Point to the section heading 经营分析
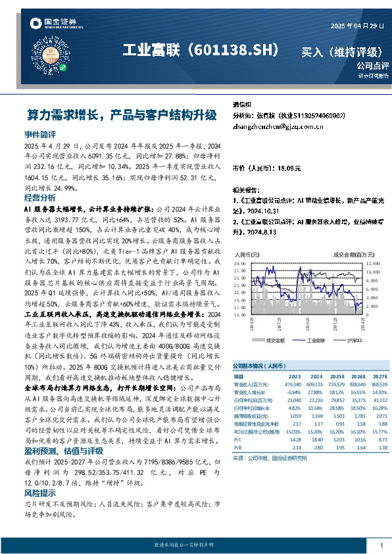pos(40,197)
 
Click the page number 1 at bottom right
pos(381,545)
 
